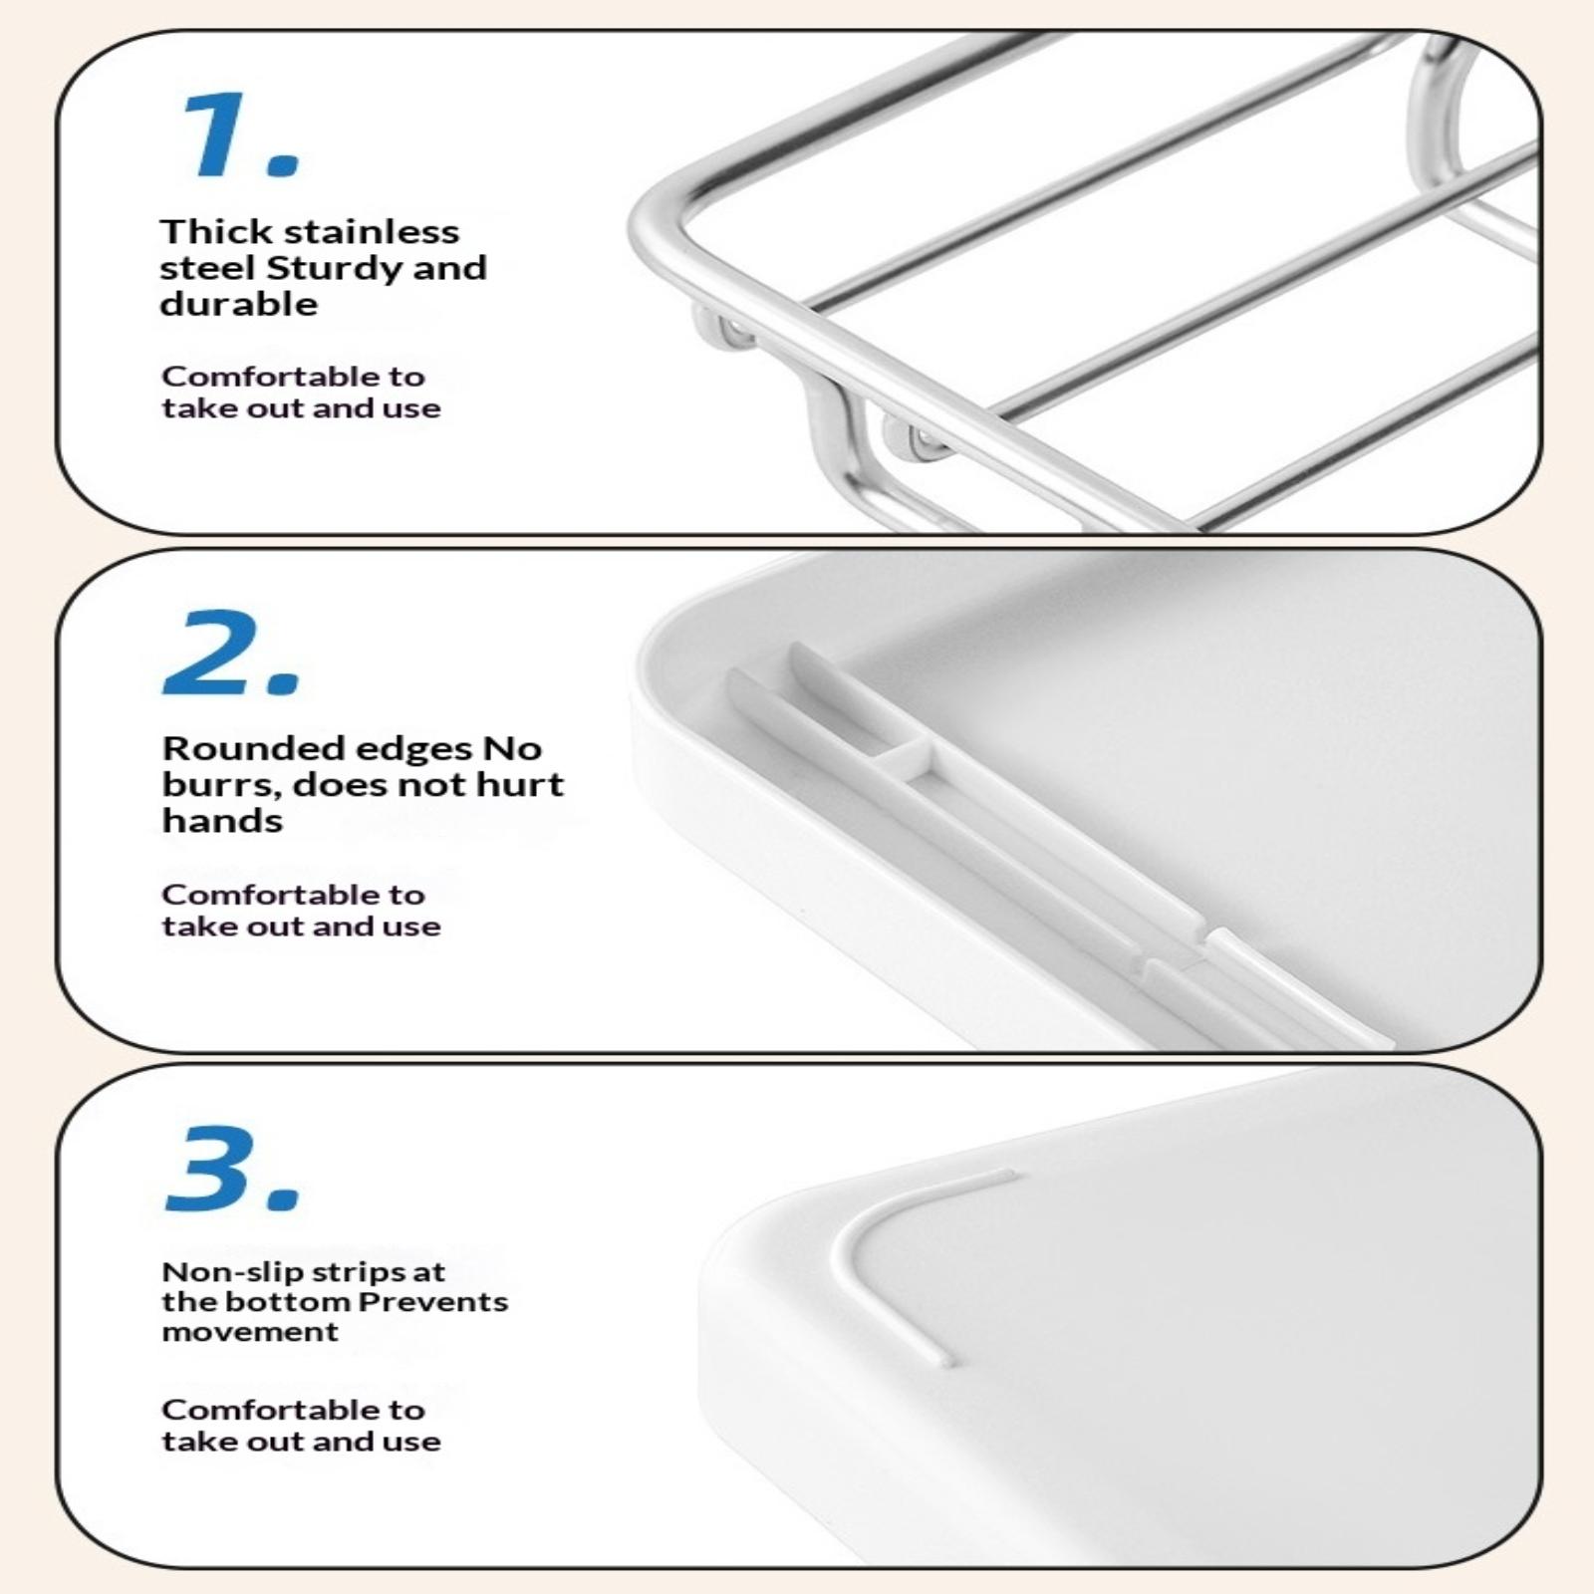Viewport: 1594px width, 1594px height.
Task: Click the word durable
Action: click(239, 304)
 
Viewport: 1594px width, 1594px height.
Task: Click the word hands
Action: click(223, 821)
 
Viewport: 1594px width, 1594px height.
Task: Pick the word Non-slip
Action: click(219, 1272)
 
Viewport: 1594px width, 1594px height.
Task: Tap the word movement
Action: click(251, 1332)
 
